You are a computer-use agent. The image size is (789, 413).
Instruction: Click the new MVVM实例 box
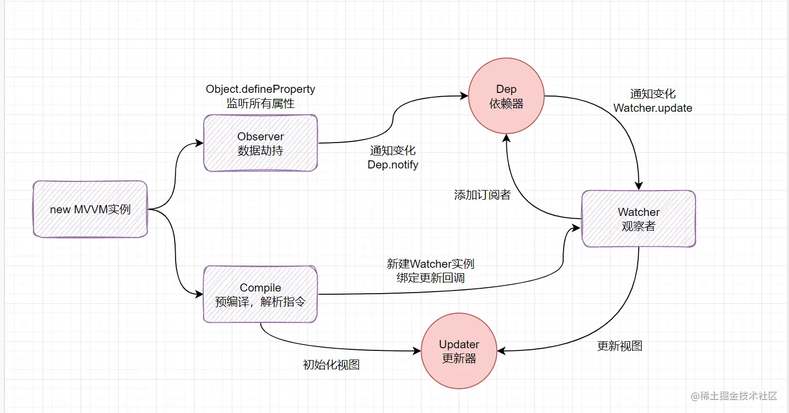pos(90,209)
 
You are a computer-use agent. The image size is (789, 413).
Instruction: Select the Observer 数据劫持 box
pos(260,143)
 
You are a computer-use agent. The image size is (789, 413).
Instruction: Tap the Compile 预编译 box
pos(260,294)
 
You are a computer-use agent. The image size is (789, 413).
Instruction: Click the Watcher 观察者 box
pos(638,219)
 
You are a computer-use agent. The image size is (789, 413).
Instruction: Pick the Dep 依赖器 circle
pos(506,97)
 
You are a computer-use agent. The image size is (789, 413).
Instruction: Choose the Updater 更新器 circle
pos(459,351)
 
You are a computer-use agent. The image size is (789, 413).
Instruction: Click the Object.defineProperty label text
pos(260,89)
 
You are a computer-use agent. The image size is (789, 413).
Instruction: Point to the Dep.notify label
pos(393,165)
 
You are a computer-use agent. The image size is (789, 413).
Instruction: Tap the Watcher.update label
pos(653,108)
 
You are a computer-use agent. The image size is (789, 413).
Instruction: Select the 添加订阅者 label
pos(482,195)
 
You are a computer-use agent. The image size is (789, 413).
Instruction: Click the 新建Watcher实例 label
pos(430,264)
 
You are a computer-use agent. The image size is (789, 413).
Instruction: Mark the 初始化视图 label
pos(331,364)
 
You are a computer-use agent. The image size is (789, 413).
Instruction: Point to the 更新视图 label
pos(619,346)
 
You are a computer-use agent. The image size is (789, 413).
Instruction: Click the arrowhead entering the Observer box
pos(199,144)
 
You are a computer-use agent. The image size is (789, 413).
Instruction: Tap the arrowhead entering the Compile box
pos(199,294)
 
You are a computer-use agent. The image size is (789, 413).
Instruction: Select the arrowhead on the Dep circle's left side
pos(464,96)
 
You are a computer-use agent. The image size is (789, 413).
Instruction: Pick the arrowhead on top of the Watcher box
pos(639,186)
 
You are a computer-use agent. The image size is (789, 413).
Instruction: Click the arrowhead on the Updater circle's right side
pos(501,351)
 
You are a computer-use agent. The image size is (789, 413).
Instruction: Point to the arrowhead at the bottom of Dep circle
pos(506,138)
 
